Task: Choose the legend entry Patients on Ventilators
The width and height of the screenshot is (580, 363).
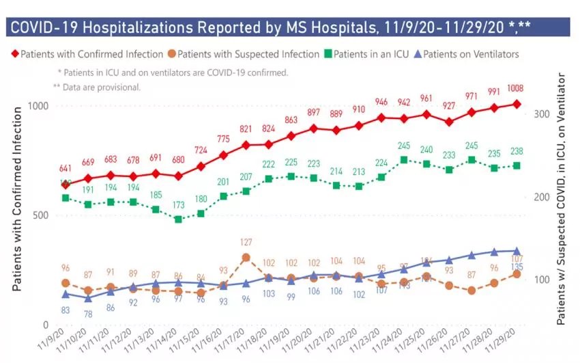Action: tap(471, 53)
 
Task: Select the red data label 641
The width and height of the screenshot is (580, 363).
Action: tap(66, 169)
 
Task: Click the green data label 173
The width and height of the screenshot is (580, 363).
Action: tap(178, 204)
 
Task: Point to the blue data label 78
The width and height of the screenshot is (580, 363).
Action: tap(88, 314)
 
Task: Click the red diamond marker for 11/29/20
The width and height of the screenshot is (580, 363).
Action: tap(517, 104)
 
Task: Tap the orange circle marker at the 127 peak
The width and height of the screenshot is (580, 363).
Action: tap(246, 258)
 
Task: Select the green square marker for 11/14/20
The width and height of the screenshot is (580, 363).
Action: tap(178, 219)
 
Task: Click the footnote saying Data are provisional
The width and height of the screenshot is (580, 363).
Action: tap(102, 87)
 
